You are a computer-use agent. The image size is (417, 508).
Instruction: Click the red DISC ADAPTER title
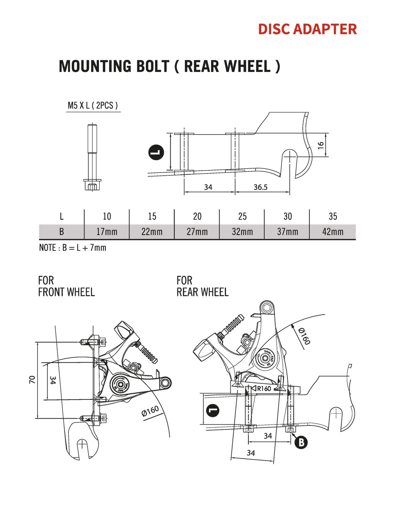point(308,29)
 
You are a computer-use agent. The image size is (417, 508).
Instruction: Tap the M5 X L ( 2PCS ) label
point(93,105)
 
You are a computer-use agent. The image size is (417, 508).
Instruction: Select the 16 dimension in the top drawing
point(320,145)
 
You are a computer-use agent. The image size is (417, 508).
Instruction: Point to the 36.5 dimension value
point(260,187)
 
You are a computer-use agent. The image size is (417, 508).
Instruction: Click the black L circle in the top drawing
point(156,152)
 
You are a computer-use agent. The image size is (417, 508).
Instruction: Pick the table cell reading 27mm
point(197,232)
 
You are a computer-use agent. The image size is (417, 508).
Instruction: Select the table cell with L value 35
point(333,216)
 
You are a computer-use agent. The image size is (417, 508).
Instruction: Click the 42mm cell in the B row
point(333,232)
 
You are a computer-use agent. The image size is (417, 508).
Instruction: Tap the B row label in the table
point(62,232)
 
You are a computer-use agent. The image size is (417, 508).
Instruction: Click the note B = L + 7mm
point(73,248)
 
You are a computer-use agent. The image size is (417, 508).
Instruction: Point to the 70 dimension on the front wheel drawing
point(32,380)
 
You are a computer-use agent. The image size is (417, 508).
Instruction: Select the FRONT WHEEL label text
point(66,292)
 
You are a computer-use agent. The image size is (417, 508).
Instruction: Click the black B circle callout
point(301,442)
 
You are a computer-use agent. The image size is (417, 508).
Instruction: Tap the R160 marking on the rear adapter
point(264,388)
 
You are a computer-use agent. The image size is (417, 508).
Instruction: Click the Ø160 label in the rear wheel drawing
point(304,336)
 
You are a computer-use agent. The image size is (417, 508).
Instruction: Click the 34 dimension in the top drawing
point(208,187)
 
